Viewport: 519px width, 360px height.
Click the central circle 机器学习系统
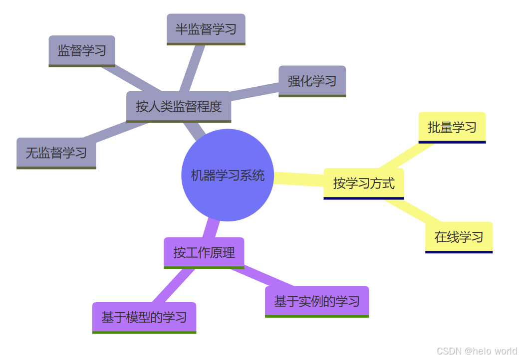(228, 175)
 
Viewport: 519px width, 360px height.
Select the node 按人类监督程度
(179, 106)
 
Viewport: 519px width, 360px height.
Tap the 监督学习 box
(82, 50)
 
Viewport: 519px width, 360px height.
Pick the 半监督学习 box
(206, 29)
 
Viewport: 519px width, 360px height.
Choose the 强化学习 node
(312, 81)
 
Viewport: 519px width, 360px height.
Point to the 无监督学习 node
(56, 153)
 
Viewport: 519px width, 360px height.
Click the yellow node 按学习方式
(363, 183)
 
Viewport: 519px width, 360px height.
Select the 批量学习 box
(452, 127)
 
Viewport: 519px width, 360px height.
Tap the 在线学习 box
(459, 237)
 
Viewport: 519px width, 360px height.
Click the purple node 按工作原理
(204, 252)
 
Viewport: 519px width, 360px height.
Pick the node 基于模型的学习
(144, 317)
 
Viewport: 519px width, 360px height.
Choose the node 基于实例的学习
(317, 301)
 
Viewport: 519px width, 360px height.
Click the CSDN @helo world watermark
(477, 351)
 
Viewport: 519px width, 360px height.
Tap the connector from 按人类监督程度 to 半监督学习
(189, 68)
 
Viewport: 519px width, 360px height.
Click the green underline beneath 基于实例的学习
(317, 316)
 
